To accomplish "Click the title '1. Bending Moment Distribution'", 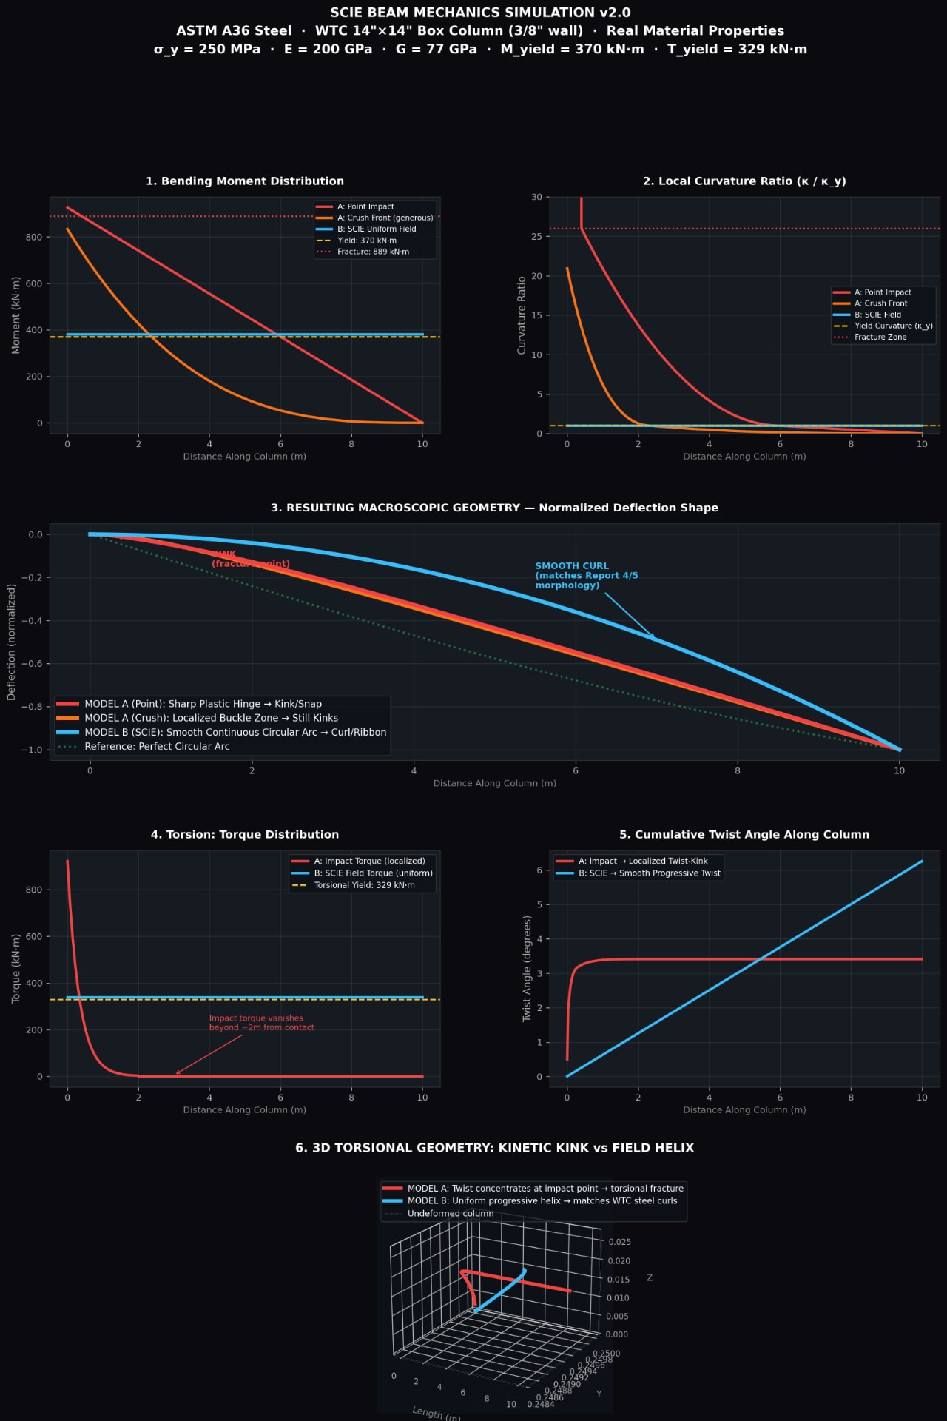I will (244, 181).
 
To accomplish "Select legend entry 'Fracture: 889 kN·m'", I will (373, 252).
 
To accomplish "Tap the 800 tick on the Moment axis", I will (34, 238).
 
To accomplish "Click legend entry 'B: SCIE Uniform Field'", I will (377, 229).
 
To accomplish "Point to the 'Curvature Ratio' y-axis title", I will (522, 315).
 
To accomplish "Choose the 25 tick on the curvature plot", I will (536, 237).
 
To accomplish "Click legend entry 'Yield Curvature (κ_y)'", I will (893, 326).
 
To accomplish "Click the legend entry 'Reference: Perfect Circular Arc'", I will (157, 746).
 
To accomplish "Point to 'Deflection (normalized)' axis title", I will (11, 642).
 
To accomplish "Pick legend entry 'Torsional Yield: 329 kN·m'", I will (364, 885).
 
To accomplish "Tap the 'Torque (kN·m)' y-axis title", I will (16, 968).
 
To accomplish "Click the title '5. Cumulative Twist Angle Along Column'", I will (744, 835).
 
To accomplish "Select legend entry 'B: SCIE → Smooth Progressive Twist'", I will (649, 873).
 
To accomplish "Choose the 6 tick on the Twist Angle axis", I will (539, 870).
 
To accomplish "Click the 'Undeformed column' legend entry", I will (450, 1214).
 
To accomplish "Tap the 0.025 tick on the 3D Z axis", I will (619, 1242).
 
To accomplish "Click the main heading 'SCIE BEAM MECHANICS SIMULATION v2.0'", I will (480, 13).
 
